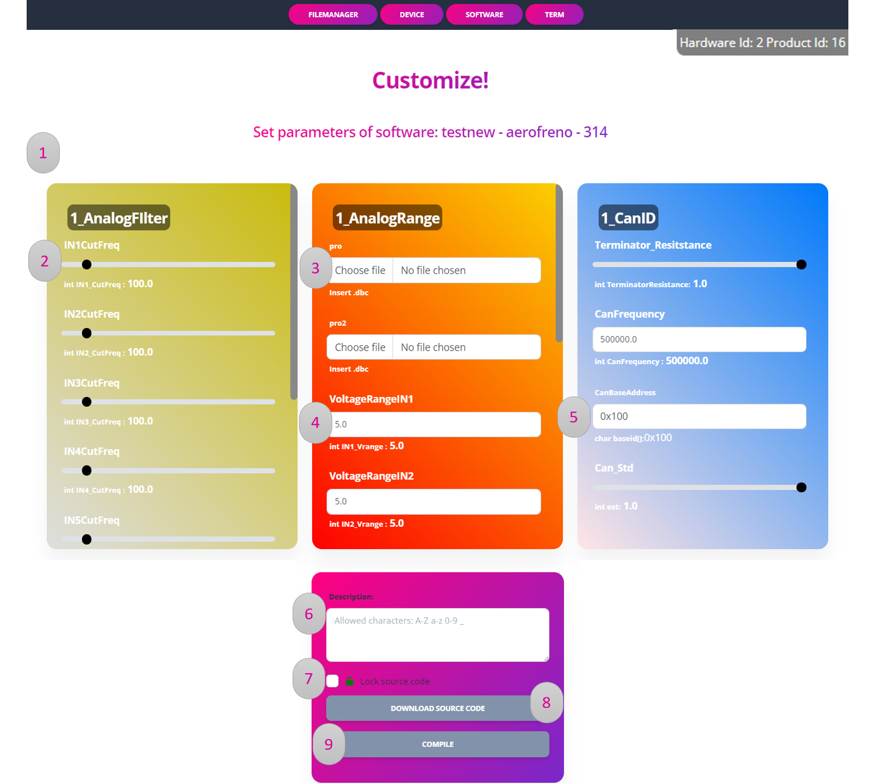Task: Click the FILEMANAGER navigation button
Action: coord(333,15)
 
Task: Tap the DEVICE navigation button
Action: coord(412,15)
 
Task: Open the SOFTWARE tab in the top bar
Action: coord(484,15)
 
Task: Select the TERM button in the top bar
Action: coord(554,15)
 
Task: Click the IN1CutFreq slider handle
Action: coord(86,265)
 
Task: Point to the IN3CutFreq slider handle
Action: coord(86,402)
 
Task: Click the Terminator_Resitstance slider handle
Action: coord(801,265)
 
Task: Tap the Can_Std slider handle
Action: coord(801,487)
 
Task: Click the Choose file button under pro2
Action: coord(360,347)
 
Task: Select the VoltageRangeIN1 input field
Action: coord(434,424)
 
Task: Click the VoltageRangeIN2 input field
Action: coord(434,501)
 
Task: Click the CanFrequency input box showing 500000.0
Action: coord(699,339)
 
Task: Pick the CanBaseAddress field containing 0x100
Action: coord(699,417)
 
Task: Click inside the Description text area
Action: coord(438,635)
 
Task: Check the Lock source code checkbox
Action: coord(333,681)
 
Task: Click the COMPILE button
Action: coord(438,744)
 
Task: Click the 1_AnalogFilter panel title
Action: coord(119,218)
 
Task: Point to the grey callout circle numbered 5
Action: coord(574,417)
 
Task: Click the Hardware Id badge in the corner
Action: coord(762,42)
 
